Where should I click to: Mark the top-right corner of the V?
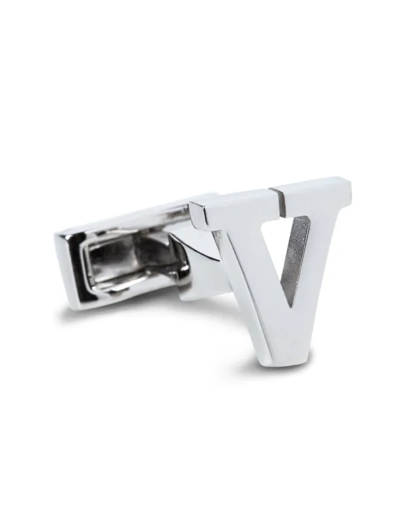click(x=353, y=186)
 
